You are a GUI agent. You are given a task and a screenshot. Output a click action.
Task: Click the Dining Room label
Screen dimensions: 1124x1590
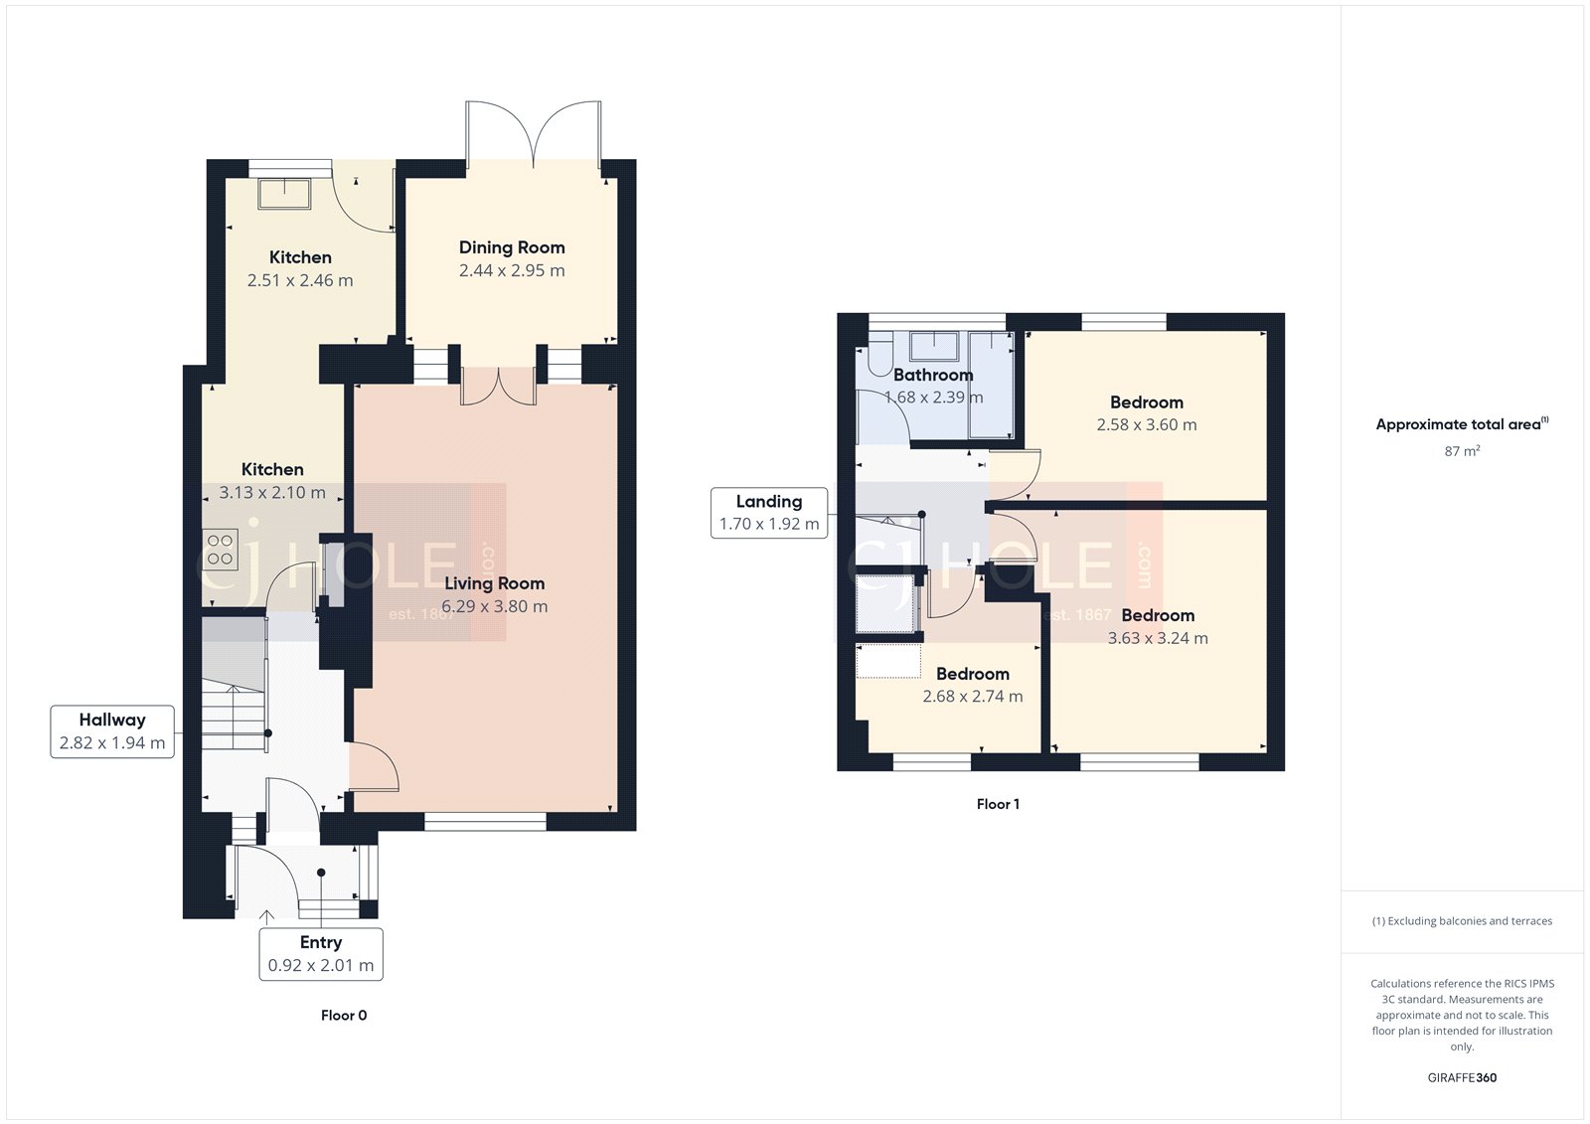(x=512, y=247)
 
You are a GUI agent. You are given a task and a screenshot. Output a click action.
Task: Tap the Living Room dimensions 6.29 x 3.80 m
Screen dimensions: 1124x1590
(x=494, y=606)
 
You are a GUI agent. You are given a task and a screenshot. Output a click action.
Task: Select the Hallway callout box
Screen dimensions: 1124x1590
(x=112, y=731)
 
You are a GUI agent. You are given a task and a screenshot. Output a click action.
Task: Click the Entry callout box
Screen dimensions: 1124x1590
(x=321, y=954)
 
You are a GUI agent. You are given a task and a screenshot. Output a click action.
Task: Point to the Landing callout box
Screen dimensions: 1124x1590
(x=769, y=513)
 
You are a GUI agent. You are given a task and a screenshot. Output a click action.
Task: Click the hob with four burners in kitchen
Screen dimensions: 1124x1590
(x=221, y=550)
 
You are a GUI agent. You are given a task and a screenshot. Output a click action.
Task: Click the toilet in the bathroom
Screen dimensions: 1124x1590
(x=879, y=359)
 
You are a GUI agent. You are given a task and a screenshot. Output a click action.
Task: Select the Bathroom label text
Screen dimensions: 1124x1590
(x=933, y=375)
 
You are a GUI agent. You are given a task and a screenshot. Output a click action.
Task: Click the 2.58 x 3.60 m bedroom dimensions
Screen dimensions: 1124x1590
(x=1147, y=424)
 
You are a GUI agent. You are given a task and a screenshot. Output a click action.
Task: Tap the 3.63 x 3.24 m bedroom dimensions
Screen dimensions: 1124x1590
(x=1158, y=638)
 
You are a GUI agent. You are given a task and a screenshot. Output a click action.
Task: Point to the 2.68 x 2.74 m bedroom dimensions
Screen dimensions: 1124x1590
(x=972, y=697)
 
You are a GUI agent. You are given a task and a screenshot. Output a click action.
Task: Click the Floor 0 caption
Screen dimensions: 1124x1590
(x=344, y=1015)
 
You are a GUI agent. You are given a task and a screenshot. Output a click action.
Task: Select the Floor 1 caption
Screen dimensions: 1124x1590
(x=998, y=804)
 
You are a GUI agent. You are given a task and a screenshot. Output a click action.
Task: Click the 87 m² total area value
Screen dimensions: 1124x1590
(x=1462, y=451)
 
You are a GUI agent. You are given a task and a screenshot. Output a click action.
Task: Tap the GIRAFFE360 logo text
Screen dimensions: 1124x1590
(x=1462, y=1077)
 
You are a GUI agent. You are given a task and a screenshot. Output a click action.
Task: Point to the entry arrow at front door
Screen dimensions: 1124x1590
(x=266, y=917)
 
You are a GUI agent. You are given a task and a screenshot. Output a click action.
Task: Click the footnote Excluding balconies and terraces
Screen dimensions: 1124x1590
(x=1462, y=921)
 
